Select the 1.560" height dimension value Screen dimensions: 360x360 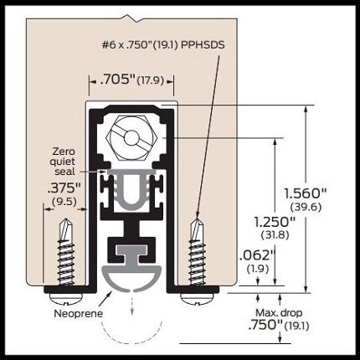(306, 193)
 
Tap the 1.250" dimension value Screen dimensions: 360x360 (275, 222)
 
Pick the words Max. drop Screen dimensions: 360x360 (279, 313)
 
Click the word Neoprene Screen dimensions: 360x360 (78, 313)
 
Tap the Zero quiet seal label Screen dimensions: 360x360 (64, 162)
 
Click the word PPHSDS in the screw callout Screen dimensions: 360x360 (203, 45)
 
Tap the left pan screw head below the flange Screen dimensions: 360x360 (66, 299)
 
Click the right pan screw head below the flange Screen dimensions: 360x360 (198, 299)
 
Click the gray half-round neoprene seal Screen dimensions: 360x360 (131, 276)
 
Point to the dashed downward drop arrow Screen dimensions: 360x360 (131, 304)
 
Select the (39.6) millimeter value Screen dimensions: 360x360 (306, 207)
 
